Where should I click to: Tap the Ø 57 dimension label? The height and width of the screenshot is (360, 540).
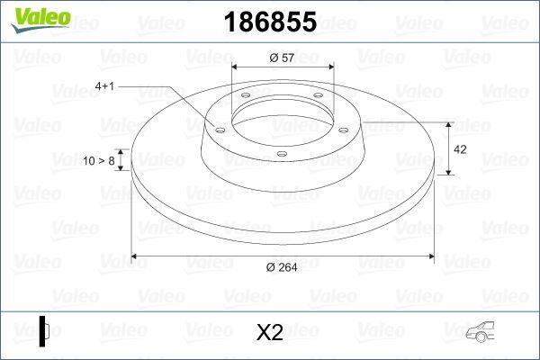[x=283, y=58]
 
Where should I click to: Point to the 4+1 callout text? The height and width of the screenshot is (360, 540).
[x=105, y=85]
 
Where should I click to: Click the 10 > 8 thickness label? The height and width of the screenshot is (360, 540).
[x=99, y=160]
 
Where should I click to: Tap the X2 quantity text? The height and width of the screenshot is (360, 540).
[x=269, y=333]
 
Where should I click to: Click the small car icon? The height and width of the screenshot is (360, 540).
[x=484, y=333]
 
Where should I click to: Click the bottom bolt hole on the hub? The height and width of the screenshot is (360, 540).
[x=281, y=154]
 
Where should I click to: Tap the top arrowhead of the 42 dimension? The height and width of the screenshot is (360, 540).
[x=449, y=123]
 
